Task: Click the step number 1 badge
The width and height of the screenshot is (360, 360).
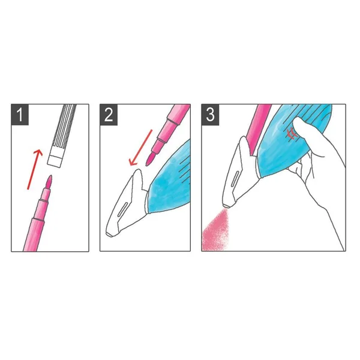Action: coord(20,115)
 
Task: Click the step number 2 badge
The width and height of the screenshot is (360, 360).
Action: coord(109,115)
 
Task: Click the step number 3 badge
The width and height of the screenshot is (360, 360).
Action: coord(210,115)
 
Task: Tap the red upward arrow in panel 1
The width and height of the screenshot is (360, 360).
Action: coord(35,169)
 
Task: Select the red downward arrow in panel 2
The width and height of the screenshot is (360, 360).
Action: coord(141,148)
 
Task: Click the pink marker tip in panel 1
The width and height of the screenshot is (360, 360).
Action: coord(49,181)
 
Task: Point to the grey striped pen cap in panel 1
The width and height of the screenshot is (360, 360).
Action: coord(62,136)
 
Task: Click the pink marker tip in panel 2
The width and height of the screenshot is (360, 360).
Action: coord(150,158)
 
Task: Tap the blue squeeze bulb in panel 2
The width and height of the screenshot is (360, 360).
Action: coord(169,179)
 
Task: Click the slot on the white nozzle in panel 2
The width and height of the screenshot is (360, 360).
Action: coord(122,209)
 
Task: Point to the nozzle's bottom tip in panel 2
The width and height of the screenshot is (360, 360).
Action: coord(109,235)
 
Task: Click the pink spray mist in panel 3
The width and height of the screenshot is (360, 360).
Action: coord(215,231)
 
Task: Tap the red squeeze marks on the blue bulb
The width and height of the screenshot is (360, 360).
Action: coord(291,134)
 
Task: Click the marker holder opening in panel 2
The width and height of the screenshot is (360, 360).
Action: coord(139,175)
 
